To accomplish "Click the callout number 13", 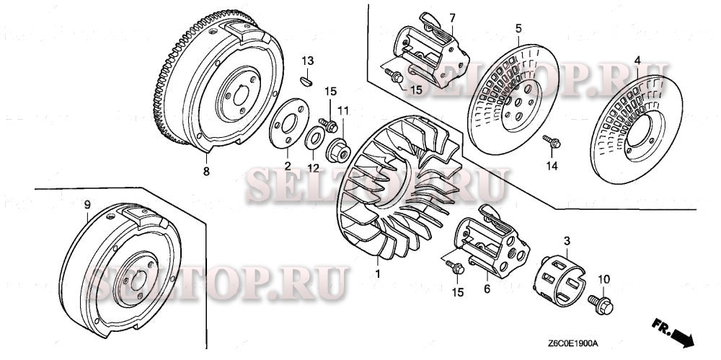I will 308,59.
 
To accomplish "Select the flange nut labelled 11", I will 337,152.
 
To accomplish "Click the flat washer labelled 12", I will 315,138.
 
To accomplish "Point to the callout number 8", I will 206,172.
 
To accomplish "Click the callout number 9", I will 87,205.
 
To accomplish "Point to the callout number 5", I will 518,29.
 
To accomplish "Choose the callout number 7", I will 452,17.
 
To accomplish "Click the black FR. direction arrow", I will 681,334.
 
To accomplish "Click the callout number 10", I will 603,278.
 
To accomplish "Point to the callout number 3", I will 567,239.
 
